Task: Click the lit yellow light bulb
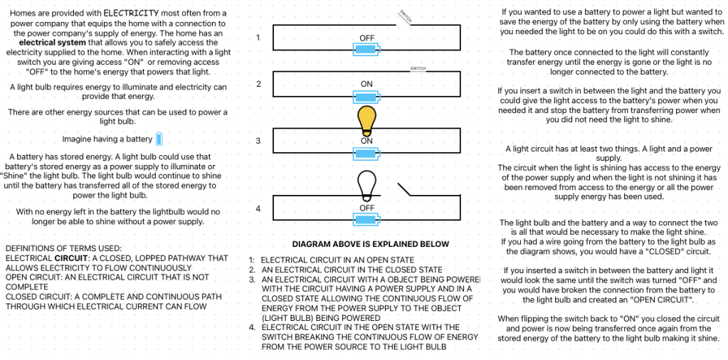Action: point(366,120)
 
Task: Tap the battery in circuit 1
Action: point(366,50)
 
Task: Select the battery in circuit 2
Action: point(366,96)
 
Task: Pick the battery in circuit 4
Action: point(366,219)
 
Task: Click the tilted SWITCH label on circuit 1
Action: point(404,16)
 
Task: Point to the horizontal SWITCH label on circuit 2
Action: point(418,68)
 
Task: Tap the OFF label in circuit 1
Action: point(366,38)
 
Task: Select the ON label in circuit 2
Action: point(366,84)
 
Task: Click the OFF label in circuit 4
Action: point(366,208)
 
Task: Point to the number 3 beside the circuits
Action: point(258,141)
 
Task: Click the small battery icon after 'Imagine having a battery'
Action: point(159,139)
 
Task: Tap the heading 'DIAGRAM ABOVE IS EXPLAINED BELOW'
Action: point(370,244)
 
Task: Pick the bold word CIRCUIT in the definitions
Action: point(70,258)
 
